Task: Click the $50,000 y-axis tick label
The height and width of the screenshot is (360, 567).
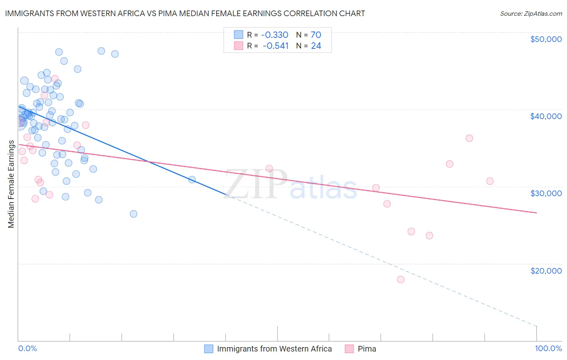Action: [x=546, y=39]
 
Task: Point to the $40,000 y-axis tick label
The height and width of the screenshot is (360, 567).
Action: [x=546, y=116]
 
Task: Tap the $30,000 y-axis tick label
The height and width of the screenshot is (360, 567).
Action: [x=546, y=193]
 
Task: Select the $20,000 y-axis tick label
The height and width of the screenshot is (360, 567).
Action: [x=546, y=270]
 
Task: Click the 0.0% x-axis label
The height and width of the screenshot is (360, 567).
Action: [x=27, y=348]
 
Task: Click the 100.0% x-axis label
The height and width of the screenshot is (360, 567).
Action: [x=548, y=348]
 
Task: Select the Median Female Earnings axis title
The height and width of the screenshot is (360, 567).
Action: [x=11, y=184]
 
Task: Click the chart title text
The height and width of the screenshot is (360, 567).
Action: [x=185, y=13]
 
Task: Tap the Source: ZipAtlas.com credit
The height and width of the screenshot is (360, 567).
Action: [x=531, y=13]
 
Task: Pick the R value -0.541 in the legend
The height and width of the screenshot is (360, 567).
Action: [x=276, y=46]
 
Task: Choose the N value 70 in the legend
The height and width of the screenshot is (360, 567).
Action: [x=316, y=35]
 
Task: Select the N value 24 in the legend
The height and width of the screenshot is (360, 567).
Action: [x=316, y=46]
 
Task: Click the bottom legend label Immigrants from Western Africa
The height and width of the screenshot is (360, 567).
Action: [x=274, y=349]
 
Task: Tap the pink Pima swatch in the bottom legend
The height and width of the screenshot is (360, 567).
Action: [x=349, y=349]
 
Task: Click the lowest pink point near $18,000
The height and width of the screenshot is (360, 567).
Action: [x=400, y=279]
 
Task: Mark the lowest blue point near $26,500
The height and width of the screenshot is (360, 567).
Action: [x=133, y=214]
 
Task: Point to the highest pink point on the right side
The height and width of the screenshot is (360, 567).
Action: [x=469, y=138]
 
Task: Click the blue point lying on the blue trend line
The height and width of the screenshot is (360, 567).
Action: [x=192, y=180]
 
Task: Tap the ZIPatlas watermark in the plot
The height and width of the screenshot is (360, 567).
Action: [x=290, y=185]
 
